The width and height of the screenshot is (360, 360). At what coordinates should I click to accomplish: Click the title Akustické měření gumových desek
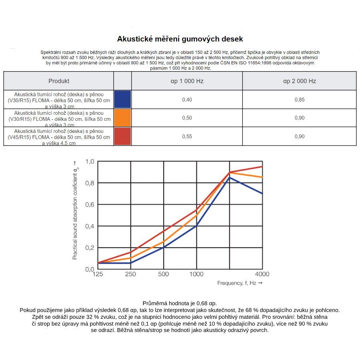(x=180, y=39)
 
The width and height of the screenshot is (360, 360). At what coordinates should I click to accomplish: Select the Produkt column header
(x=59, y=81)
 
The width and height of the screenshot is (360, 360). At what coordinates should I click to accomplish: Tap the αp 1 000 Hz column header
(x=187, y=81)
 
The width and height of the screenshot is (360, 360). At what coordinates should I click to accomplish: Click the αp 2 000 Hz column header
(x=299, y=81)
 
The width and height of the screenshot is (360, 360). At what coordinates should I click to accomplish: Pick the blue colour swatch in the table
(x=122, y=99)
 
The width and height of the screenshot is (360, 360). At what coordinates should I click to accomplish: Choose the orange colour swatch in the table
(x=122, y=118)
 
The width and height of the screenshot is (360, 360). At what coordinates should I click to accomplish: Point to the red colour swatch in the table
(x=122, y=136)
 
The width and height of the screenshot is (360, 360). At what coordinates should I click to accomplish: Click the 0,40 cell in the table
(x=187, y=100)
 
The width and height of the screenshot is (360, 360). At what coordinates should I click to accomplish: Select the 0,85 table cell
(x=299, y=100)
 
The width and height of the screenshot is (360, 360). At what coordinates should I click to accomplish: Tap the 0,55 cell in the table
(x=187, y=136)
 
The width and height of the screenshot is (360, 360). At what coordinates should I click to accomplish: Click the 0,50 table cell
(x=187, y=118)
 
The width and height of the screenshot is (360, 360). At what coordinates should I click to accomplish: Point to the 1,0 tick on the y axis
(x=90, y=162)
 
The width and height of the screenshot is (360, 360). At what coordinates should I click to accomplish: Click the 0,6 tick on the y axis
(x=90, y=205)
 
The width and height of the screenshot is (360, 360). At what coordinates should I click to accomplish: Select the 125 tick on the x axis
(x=98, y=274)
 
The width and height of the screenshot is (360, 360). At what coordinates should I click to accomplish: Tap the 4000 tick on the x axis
(x=262, y=274)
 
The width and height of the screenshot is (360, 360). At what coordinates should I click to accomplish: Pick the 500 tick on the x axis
(x=164, y=274)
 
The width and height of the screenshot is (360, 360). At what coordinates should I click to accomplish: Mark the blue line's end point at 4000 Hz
(x=262, y=194)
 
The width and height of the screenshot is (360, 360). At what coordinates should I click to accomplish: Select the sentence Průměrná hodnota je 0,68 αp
(x=180, y=304)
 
